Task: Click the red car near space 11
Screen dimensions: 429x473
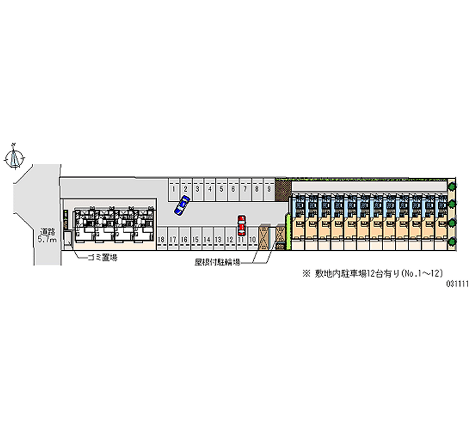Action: pyautogui.click(x=241, y=225)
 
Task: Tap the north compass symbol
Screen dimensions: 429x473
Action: pyautogui.click(x=15, y=157)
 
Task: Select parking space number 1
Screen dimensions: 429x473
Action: pyautogui.click(x=173, y=189)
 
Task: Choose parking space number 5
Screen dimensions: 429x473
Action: pyautogui.click(x=221, y=189)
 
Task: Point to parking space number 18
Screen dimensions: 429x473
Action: pyautogui.click(x=161, y=239)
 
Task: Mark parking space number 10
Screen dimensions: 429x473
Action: pyautogui.click(x=252, y=239)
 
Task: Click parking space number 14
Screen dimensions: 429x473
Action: pyautogui.click(x=207, y=239)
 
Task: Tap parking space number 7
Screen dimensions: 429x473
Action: pyautogui.click(x=245, y=189)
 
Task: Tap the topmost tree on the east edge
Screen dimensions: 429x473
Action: pyautogui.click(x=452, y=186)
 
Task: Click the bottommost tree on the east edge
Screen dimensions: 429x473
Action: pyautogui.click(x=452, y=241)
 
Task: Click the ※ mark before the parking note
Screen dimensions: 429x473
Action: pyautogui.click(x=306, y=274)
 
